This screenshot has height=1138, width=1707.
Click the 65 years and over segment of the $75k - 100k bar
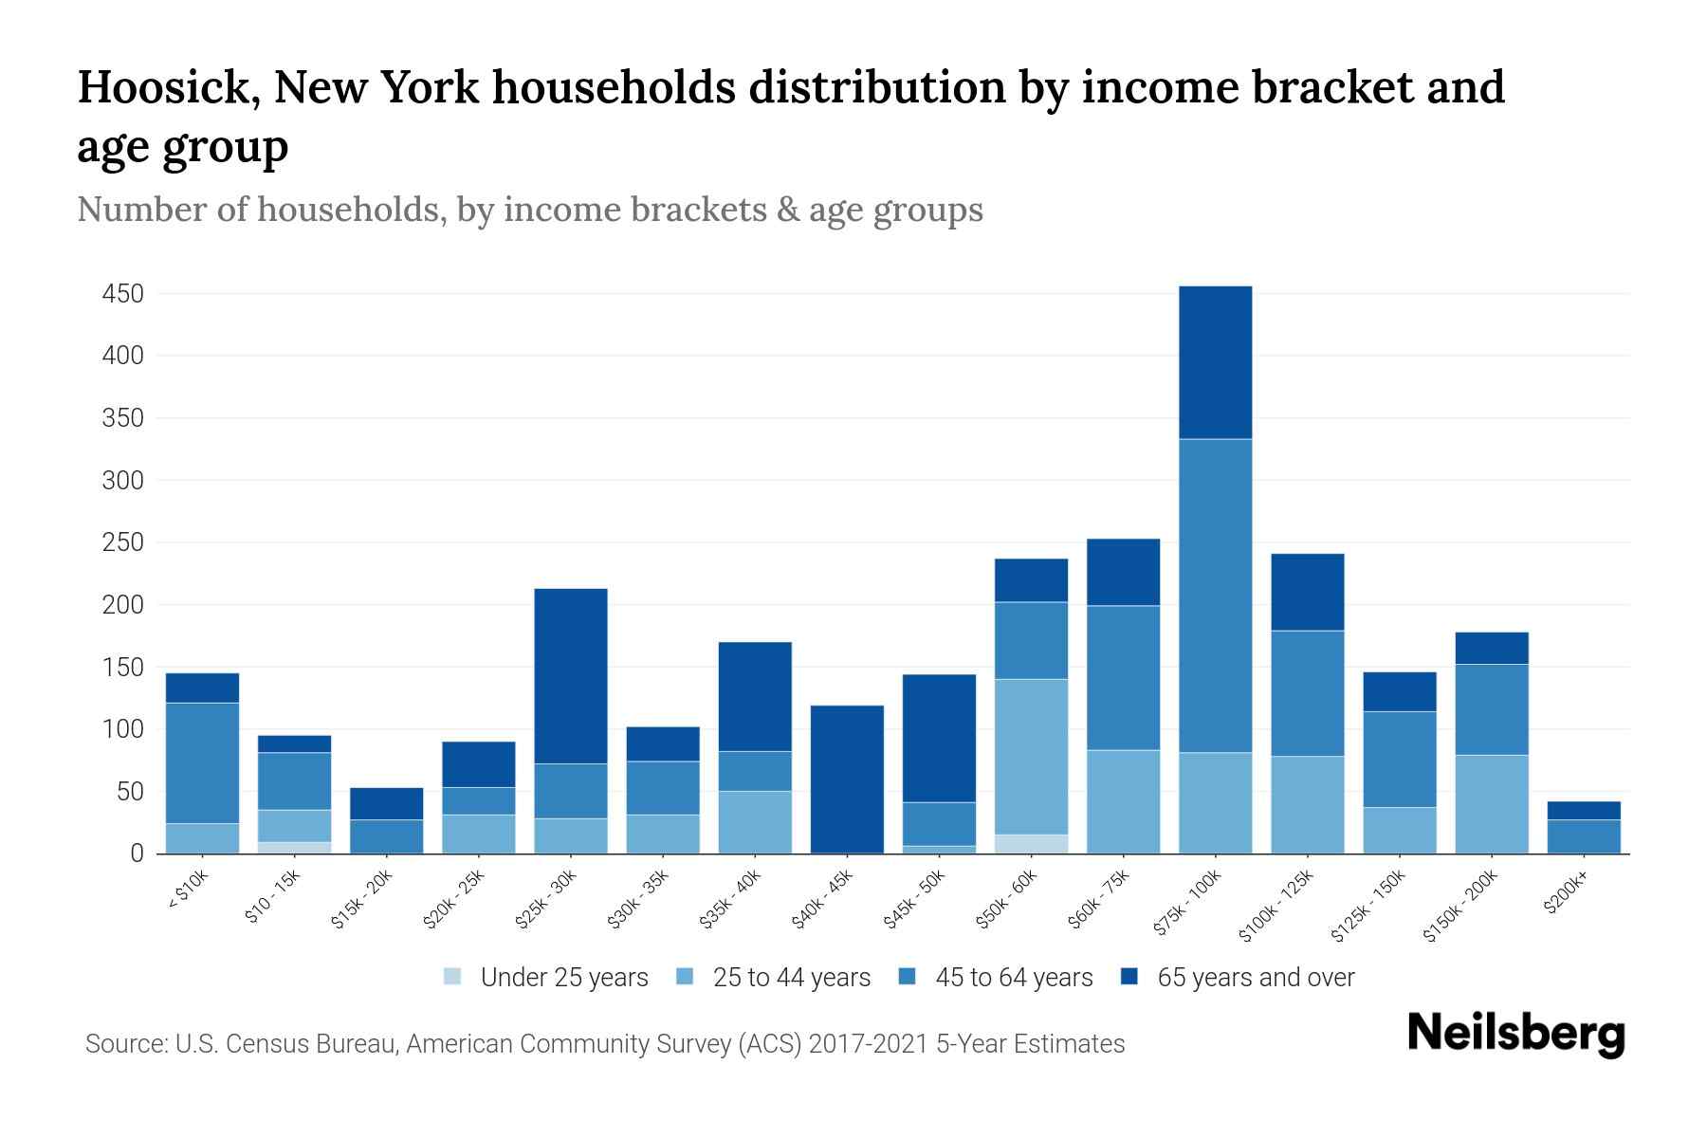[x=1215, y=362]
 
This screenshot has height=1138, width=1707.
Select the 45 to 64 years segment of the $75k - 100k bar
[x=1215, y=596]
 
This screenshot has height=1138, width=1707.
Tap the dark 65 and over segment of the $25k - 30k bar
[x=571, y=676]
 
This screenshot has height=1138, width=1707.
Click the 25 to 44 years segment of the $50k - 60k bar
[x=1031, y=757]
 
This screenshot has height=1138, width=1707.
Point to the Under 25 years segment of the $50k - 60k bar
[x=1031, y=844]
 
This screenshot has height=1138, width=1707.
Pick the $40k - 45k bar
[x=847, y=780]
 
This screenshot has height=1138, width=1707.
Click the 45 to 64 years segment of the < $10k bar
[x=202, y=763]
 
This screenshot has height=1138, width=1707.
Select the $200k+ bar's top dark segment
[x=1584, y=811]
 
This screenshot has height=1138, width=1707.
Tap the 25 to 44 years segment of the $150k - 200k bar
[x=1492, y=804]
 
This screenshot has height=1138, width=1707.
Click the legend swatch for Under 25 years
[x=452, y=977]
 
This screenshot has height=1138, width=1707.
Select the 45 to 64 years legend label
[x=1013, y=977]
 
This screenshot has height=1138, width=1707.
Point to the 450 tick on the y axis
[x=123, y=294]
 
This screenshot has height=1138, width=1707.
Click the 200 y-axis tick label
[x=123, y=605]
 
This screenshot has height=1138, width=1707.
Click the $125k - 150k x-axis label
[x=1368, y=907]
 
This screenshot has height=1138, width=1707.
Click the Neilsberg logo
[x=1515, y=1034]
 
